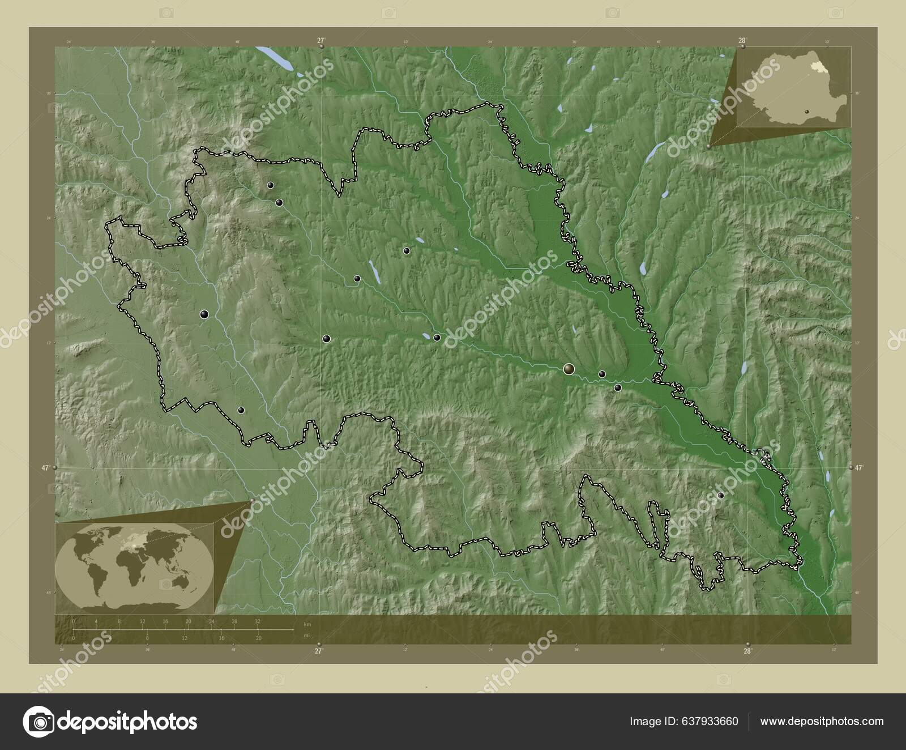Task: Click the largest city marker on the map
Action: [569, 369]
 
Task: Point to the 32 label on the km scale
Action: [258, 621]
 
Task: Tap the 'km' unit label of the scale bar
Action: [307, 624]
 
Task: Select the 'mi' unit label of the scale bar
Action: [307, 636]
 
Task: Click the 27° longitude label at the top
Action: [321, 40]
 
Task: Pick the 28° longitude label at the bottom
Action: [747, 651]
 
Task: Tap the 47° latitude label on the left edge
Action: [45, 467]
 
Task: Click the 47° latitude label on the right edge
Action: [860, 467]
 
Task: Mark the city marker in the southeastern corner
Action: [721, 496]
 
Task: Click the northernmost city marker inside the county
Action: [271, 185]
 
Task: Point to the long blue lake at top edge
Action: [274, 59]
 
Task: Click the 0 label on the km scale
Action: [74, 621]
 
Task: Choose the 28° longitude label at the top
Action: [742, 40]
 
